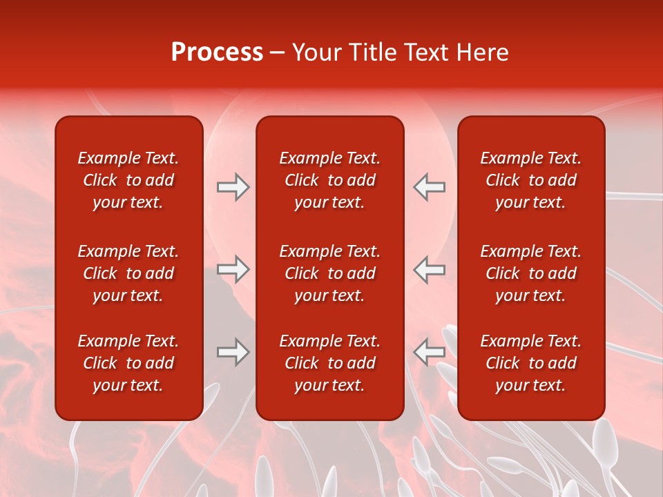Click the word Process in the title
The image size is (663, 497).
217,52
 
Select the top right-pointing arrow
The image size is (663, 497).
233,187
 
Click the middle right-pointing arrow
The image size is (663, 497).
233,269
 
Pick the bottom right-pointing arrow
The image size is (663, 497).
233,352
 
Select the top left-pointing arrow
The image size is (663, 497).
429,187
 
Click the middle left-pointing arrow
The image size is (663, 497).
429,269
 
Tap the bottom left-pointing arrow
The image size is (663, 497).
429,352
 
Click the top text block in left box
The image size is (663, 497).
128,180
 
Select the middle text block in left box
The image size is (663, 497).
128,273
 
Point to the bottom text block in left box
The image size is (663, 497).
128,363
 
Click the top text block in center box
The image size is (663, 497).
330,180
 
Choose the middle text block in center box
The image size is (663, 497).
330,273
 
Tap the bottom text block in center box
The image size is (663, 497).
330,363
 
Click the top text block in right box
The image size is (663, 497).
531,180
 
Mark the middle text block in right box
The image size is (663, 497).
531,273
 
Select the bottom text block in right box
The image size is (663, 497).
531,363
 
